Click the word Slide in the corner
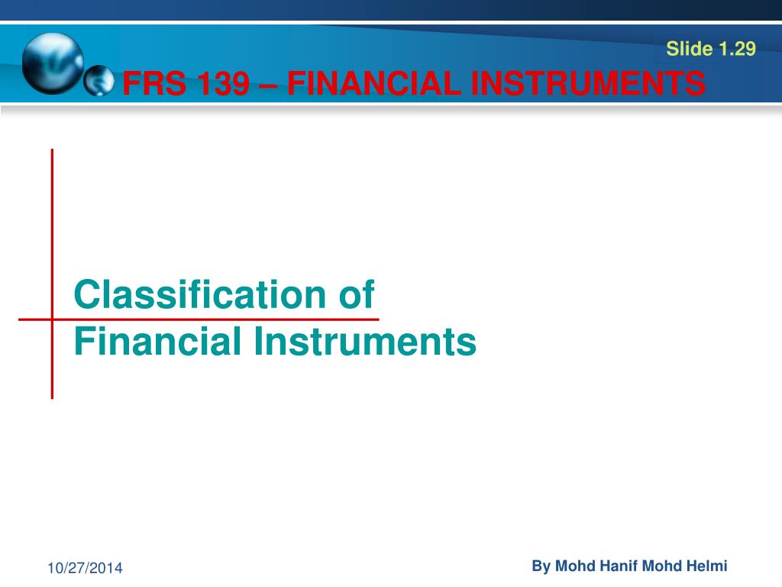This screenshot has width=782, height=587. pyautogui.click(x=690, y=50)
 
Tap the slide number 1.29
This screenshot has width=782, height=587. pyautogui.click(x=736, y=50)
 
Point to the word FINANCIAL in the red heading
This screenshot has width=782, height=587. pyautogui.click(x=373, y=83)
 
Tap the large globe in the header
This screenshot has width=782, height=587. pyautogui.click(x=52, y=63)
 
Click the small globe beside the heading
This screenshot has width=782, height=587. pyautogui.click(x=98, y=82)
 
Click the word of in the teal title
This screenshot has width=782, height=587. pyautogui.click(x=356, y=294)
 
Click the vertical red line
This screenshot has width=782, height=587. pyautogui.click(x=52, y=229)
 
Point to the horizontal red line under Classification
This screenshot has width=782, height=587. pyautogui.click(x=229, y=318)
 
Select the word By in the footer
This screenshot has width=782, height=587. pyautogui.click(x=541, y=566)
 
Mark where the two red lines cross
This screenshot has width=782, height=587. pyautogui.click(x=52, y=318)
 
